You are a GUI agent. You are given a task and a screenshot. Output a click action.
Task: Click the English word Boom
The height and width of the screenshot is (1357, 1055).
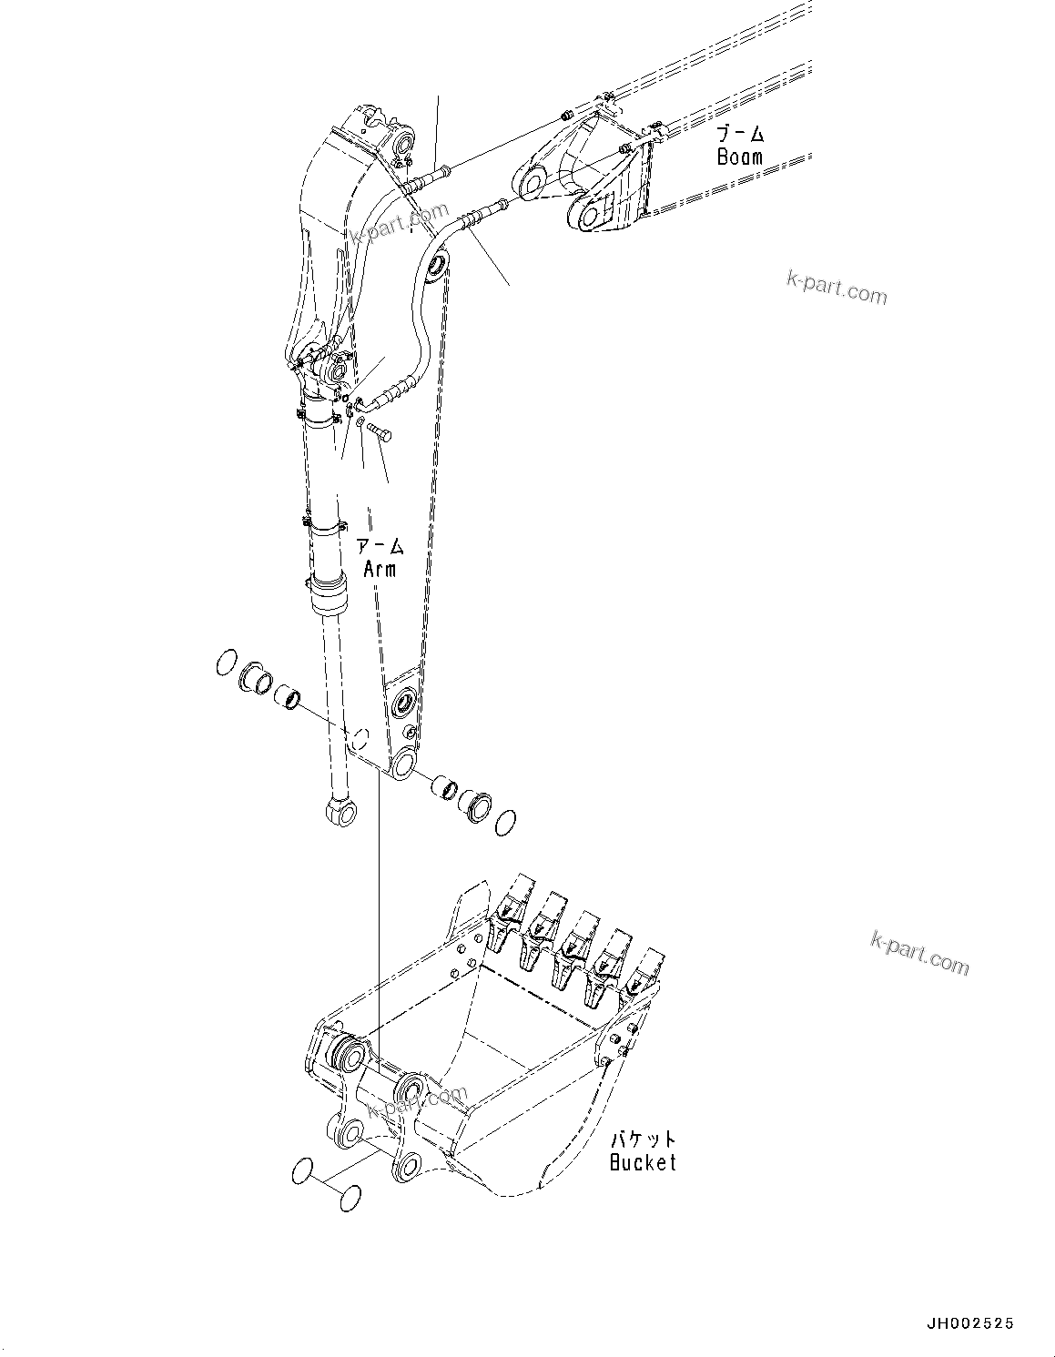click(739, 156)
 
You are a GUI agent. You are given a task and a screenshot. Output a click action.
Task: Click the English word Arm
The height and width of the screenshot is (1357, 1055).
click(380, 569)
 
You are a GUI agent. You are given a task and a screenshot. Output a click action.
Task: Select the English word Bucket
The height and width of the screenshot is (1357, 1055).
click(643, 1162)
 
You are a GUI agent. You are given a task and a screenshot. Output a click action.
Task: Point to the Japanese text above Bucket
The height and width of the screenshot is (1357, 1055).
click(644, 1139)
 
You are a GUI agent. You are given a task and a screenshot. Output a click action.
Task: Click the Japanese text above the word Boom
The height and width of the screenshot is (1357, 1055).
click(739, 135)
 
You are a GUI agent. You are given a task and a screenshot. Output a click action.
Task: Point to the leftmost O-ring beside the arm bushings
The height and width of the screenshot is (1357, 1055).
click(227, 663)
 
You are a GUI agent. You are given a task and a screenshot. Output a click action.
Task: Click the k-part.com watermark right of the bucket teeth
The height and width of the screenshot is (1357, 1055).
click(919, 952)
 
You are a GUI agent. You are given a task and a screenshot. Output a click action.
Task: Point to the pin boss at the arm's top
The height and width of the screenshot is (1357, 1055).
click(404, 143)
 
